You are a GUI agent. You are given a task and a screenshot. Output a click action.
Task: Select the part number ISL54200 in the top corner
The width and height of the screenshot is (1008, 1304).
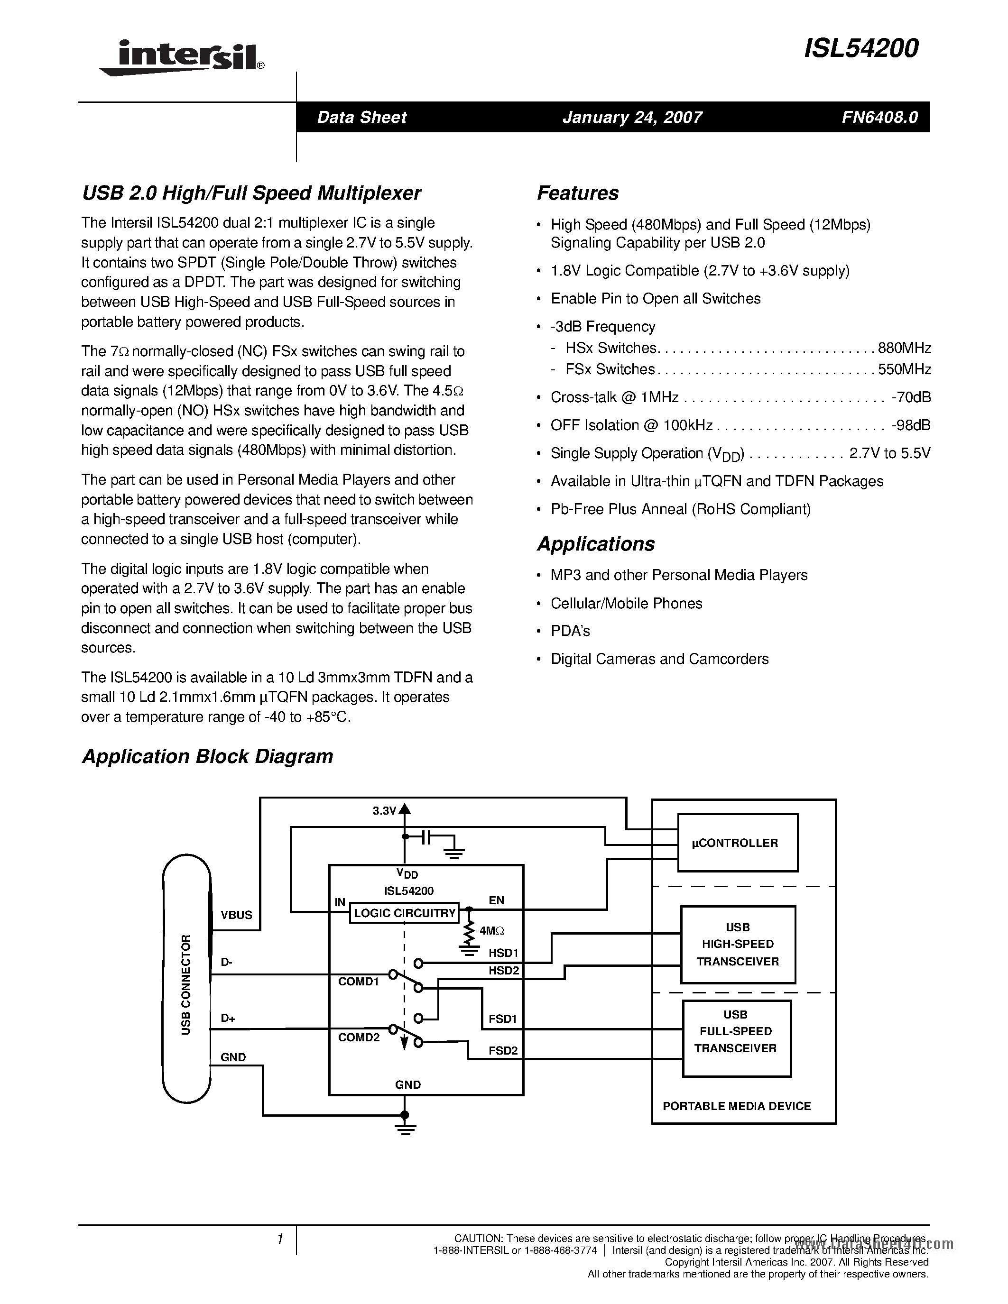861,49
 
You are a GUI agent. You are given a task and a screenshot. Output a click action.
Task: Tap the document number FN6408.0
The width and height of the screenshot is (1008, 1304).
879,117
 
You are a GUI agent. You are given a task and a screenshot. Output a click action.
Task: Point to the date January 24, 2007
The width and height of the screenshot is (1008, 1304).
632,117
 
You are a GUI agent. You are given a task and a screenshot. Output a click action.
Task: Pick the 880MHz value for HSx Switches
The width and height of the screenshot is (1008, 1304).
904,348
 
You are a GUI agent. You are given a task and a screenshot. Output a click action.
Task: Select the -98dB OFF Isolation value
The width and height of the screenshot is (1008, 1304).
911,425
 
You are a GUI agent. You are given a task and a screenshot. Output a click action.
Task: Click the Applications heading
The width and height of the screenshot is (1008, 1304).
595,544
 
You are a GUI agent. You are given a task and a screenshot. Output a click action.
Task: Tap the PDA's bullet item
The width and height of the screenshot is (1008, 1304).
570,631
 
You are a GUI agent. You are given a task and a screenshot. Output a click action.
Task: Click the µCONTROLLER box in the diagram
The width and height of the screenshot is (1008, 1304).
737,843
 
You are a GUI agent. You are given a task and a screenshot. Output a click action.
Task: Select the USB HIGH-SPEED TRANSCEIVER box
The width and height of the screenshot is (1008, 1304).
738,945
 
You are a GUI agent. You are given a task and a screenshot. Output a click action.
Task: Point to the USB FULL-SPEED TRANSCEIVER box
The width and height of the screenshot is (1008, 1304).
736,1032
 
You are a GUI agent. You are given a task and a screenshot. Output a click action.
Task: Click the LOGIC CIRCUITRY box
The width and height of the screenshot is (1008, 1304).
404,913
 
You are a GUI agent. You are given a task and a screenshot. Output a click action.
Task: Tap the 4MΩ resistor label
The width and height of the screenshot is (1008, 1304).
492,931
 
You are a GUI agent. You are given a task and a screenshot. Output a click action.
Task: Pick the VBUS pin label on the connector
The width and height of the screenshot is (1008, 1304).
237,915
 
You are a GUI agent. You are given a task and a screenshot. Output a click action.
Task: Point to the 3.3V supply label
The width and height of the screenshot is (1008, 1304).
385,811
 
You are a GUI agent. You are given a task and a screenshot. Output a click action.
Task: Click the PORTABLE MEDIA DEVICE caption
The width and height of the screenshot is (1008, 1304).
736,1106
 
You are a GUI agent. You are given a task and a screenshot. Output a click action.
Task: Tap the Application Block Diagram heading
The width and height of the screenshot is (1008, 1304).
207,756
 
